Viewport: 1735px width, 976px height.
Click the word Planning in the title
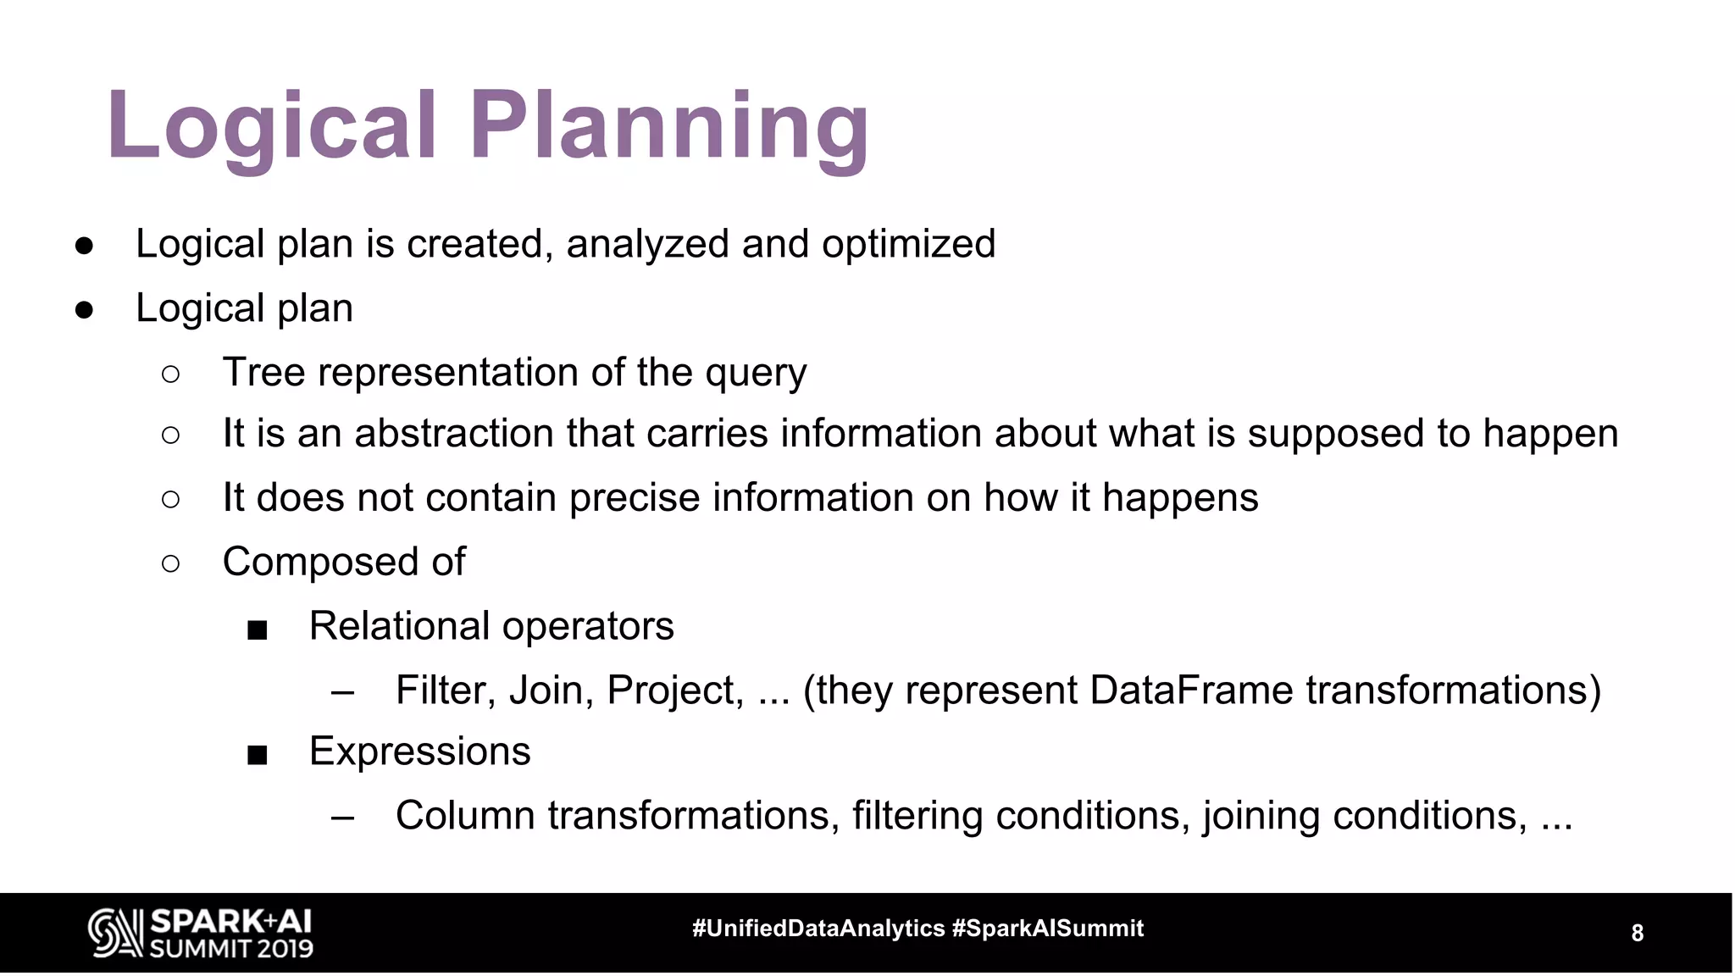(x=669, y=127)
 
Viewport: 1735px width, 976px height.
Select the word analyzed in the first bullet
(x=648, y=244)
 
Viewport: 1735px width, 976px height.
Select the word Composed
(x=321, y=563)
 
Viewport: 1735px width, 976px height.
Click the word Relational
(x=399, y=626)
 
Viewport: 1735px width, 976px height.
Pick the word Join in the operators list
(x=551, y=690)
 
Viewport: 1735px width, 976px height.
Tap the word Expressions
(x=419, y=751)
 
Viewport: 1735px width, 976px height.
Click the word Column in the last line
(x=465, y=816)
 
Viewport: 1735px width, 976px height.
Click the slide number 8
(x=1637, y=934)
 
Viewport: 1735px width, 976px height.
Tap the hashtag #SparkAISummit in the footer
(x=1048, y=929)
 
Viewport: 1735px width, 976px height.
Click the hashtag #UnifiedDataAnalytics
(x=818, y=929)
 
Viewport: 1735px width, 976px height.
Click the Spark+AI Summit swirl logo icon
(x=115, y=933)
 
